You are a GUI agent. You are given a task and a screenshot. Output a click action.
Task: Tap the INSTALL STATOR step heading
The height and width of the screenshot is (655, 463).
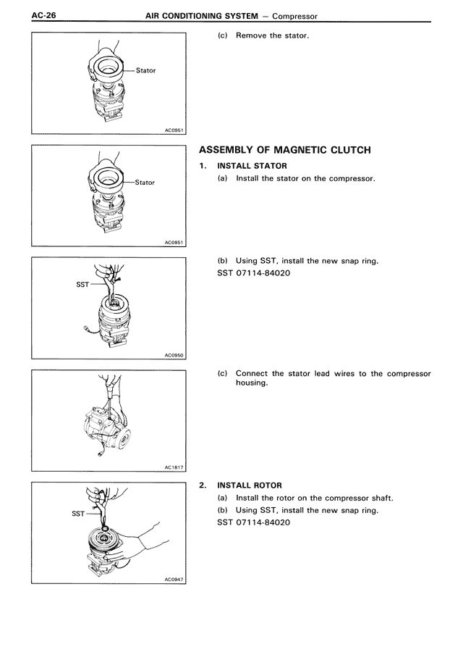pyautogui.click(x=252, y=166)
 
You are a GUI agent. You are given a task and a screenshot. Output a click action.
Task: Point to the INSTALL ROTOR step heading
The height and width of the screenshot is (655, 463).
pyautogui.click(x=250, y=485)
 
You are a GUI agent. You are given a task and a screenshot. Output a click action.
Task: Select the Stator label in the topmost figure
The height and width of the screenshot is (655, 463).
pyautogui.click(x=145, y=71)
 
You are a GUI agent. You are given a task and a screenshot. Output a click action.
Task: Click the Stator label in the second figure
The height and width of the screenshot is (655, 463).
pyautogui.click(x=145, y=183)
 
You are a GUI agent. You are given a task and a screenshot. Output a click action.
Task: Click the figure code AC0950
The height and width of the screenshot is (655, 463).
pyautogui.click(x=174, y=356)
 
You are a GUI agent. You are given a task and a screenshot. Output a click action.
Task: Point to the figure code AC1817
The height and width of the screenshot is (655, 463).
pyautogui.click(x=174, y=467)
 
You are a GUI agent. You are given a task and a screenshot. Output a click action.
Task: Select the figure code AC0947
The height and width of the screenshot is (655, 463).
pyautogui.click(x=174, y=580)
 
